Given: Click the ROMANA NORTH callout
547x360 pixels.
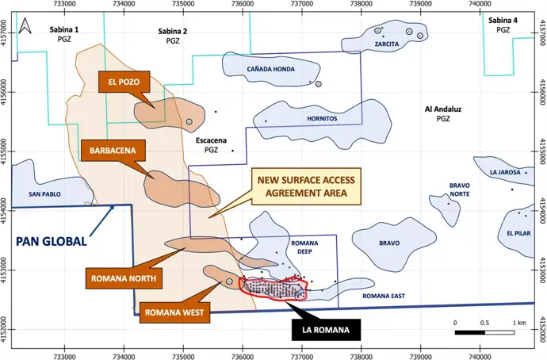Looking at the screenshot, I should (123, 278).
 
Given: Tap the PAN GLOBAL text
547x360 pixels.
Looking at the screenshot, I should (49, 241).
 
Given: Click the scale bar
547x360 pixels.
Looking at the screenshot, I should (486, 333).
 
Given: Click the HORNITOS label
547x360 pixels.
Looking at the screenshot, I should (322, 119).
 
